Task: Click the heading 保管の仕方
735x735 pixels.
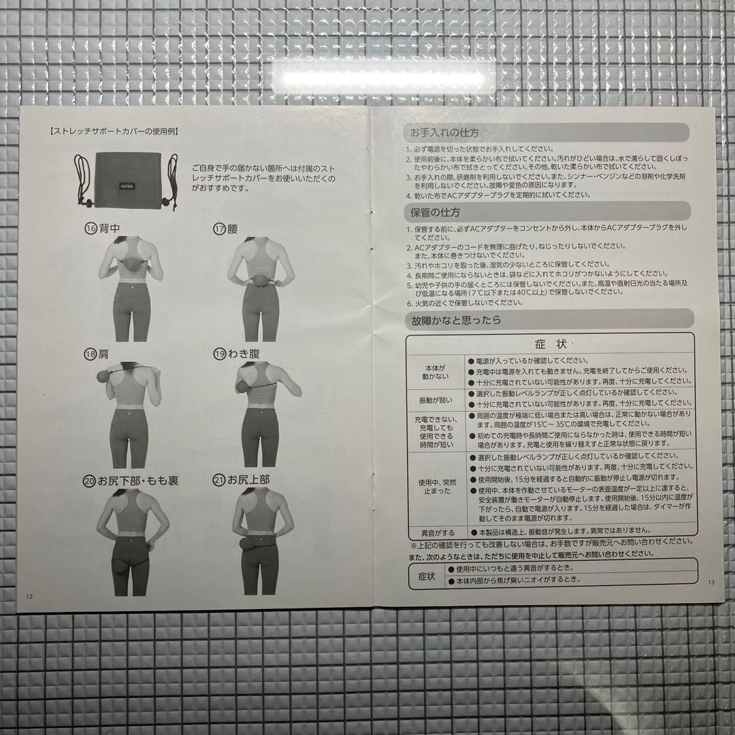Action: pyautogui.click(x=436, y=212)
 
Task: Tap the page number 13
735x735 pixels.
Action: pyautogui.click(x=711, y=582)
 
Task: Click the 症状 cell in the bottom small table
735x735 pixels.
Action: pyautogui.click(x=426, y=575)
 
